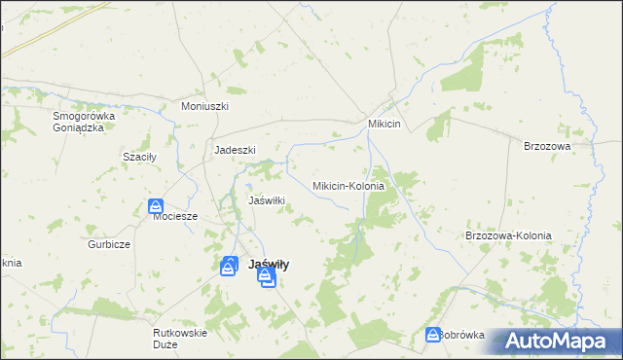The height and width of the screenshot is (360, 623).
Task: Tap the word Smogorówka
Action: pyautogui.click(x=84, y=116)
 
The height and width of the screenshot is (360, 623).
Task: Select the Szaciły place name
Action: pyautogui.click(x=138, y=157)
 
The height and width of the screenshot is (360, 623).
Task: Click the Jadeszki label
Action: pyautogui.click(x=235, y=150)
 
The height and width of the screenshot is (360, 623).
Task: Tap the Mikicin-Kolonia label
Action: pyautogui.click(x=348, y=185)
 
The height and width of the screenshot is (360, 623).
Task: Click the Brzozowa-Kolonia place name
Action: pyautogui.click(x=508, y=236)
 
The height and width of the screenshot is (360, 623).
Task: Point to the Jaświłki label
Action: pyautogui.click(x=267, y=200)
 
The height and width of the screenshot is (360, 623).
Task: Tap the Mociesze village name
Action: pyautogui.click(x=175, y=217)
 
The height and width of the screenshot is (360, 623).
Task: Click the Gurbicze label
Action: pyautogui.click(x=109, y=244)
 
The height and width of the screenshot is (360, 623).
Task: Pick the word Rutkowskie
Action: pyautogui.click(x=181, y=333)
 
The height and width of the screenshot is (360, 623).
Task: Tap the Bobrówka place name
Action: pyautogui.click(x=461, y=335)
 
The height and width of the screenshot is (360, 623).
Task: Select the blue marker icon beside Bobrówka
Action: pyautogui.click(x=433, y=335)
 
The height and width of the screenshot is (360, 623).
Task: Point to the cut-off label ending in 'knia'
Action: pyautogui.click(x=10, y=263)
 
